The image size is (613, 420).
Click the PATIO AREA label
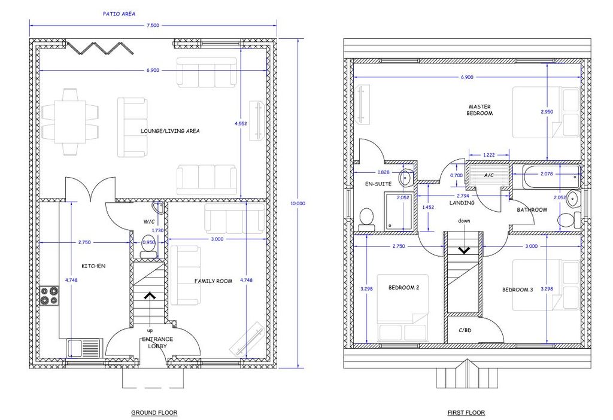[x=119, y=14]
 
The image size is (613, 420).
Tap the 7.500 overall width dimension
[x=153, y=25]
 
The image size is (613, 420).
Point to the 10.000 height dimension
[x=298, y=203]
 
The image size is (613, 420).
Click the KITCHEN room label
[x=93, y=266]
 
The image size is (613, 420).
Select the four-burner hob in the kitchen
[x=49, y=296]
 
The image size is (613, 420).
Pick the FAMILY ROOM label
[x=214, y=281]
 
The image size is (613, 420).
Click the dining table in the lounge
[x=70, y=122]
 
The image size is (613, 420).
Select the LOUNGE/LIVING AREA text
[x=170, y=131]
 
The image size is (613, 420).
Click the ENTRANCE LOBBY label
[x=157, y=343]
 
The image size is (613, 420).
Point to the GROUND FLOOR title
[x=154, y=413]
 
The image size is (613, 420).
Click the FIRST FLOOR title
[x=466, y=413]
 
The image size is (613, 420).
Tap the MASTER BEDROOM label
[x=480, y=109]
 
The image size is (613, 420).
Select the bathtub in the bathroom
[x=546, y=176]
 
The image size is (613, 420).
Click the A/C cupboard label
[x=488, y=175]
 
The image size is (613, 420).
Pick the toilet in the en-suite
[x=367, y=218]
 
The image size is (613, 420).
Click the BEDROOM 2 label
[x=404, y=288]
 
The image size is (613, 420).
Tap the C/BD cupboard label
[x=465, y=330]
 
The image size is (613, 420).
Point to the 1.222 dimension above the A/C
[x=488, y=155]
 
